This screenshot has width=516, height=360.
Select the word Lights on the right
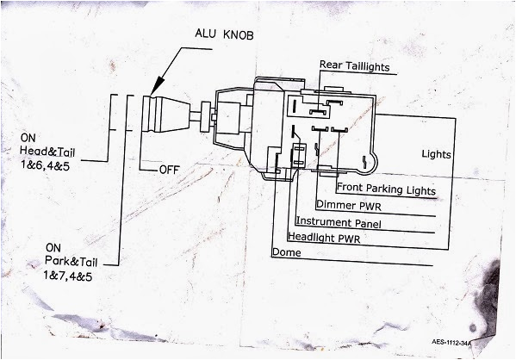pyautogui.click(x=438, y=154)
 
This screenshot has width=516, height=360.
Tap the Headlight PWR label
pyautogui.click(x=325, y=237)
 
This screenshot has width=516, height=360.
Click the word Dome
pyautogui.click(x=285, y=253)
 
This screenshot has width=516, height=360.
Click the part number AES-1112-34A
pyautogui.click(x=457, y=341)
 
